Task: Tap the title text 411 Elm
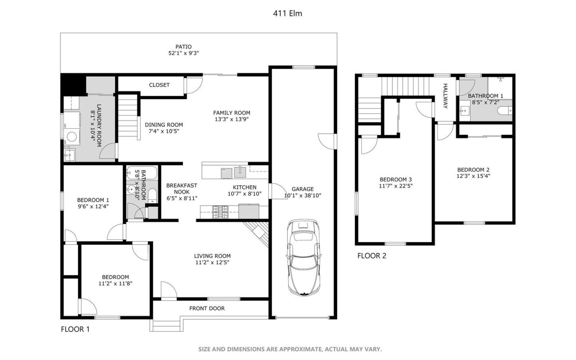287,13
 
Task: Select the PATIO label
183,47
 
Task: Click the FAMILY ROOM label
231,113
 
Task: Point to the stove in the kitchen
220,212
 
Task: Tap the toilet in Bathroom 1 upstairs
504,110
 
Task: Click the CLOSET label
159,85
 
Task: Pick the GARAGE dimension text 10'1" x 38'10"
302,196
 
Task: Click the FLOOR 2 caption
372,256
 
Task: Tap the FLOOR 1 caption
75,329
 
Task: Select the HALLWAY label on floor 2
445,96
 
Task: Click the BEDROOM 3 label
396,180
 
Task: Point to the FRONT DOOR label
207,308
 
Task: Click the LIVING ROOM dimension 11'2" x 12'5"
212,262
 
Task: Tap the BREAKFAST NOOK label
182,188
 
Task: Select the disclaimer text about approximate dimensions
290,349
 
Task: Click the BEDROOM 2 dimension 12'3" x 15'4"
473,176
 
